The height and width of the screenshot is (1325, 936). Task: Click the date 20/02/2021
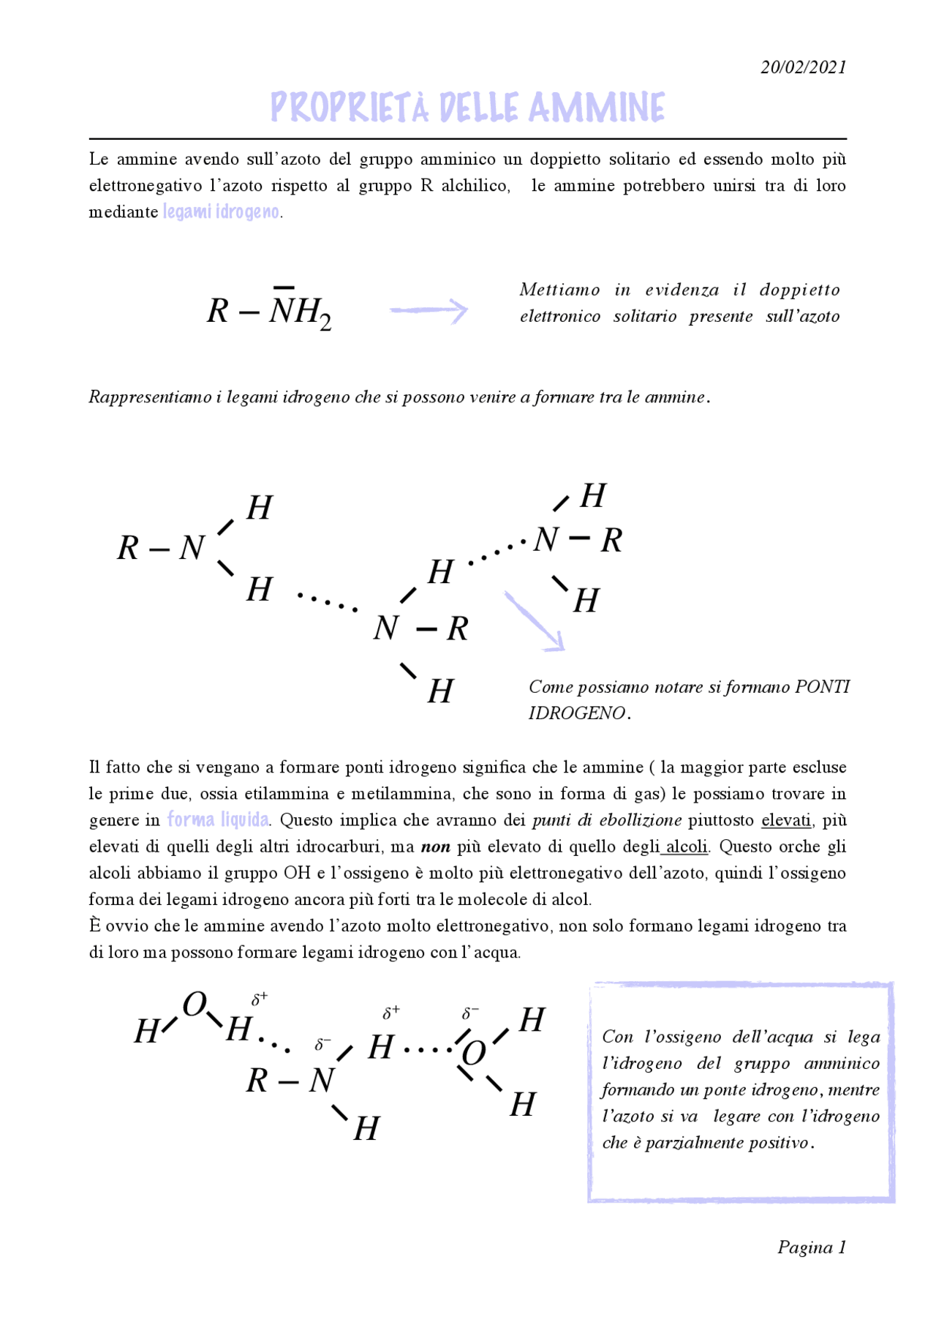click(803, 67)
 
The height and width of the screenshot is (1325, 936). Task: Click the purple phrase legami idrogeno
click(221, 212)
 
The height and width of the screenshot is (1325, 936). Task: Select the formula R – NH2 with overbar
click(269, 310)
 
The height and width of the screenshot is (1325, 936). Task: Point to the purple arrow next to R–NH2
click(429, 310)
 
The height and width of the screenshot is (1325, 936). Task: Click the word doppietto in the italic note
click(799, 290)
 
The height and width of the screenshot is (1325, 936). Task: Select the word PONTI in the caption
click(822, 687)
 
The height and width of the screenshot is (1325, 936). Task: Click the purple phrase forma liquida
click(217, 819)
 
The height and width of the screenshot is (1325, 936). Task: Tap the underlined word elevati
click(785, 820)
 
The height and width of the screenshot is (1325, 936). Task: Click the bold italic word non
click(435, 847)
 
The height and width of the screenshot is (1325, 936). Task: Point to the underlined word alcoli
click(686, 847)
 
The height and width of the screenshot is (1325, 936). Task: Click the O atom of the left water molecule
click(195, 1005)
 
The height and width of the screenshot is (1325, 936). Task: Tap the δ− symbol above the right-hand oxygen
click(469, 1014)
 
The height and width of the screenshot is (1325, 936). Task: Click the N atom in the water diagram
click(321, 1081)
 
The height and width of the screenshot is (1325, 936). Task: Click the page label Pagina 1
click(811, 1247)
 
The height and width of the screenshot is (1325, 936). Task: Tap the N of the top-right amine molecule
click(546, 540)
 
